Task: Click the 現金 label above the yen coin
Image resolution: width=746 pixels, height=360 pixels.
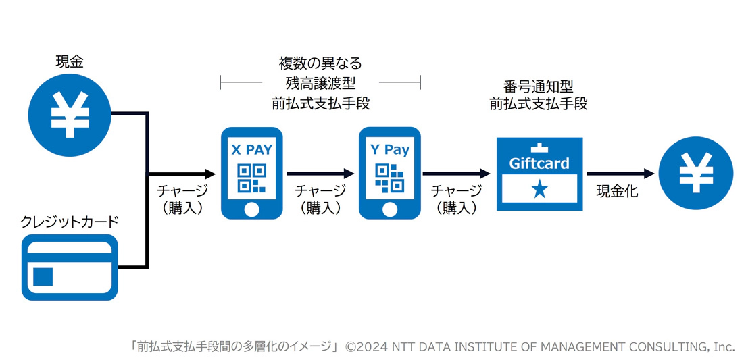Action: click(70, 63)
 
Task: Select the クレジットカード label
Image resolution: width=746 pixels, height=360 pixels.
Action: click(70, 221)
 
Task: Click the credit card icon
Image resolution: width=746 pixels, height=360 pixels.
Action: click(70, 267)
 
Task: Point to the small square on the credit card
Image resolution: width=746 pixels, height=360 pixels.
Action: click(43, 276)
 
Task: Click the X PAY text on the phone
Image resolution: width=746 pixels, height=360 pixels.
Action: click(251, 150)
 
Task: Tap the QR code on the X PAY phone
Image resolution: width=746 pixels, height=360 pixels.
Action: click(251, 178)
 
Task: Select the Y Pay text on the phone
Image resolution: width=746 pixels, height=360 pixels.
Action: click(389, 150)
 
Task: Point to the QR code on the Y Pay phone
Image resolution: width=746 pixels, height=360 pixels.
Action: click(390, 178)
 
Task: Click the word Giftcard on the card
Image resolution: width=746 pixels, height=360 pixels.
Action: click(539, 163)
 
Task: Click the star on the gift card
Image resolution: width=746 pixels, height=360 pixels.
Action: click(539, 190)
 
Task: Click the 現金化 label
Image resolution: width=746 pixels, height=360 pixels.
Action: click(617, 191)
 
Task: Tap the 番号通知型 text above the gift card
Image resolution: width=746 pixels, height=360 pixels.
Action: click(539, 87)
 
